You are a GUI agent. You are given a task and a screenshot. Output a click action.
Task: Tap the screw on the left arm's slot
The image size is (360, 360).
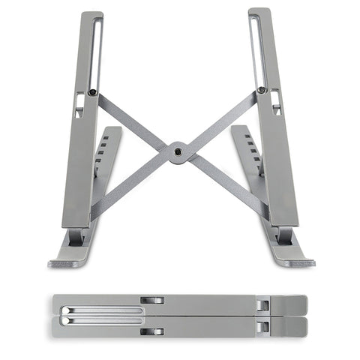click(x=92, y=92)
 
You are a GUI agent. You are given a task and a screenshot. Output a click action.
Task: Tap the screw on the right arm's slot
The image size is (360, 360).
click(x=262, y=90)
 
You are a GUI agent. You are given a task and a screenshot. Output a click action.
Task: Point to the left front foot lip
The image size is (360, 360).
click(x=67, y=262)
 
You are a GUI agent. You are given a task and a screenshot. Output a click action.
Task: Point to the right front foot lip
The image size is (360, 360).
click(x=295, y=262)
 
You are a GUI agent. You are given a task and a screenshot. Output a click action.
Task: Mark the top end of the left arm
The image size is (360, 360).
click(x=91, y=15)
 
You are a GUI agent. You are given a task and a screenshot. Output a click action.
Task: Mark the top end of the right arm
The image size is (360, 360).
click(x=259, y=12)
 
